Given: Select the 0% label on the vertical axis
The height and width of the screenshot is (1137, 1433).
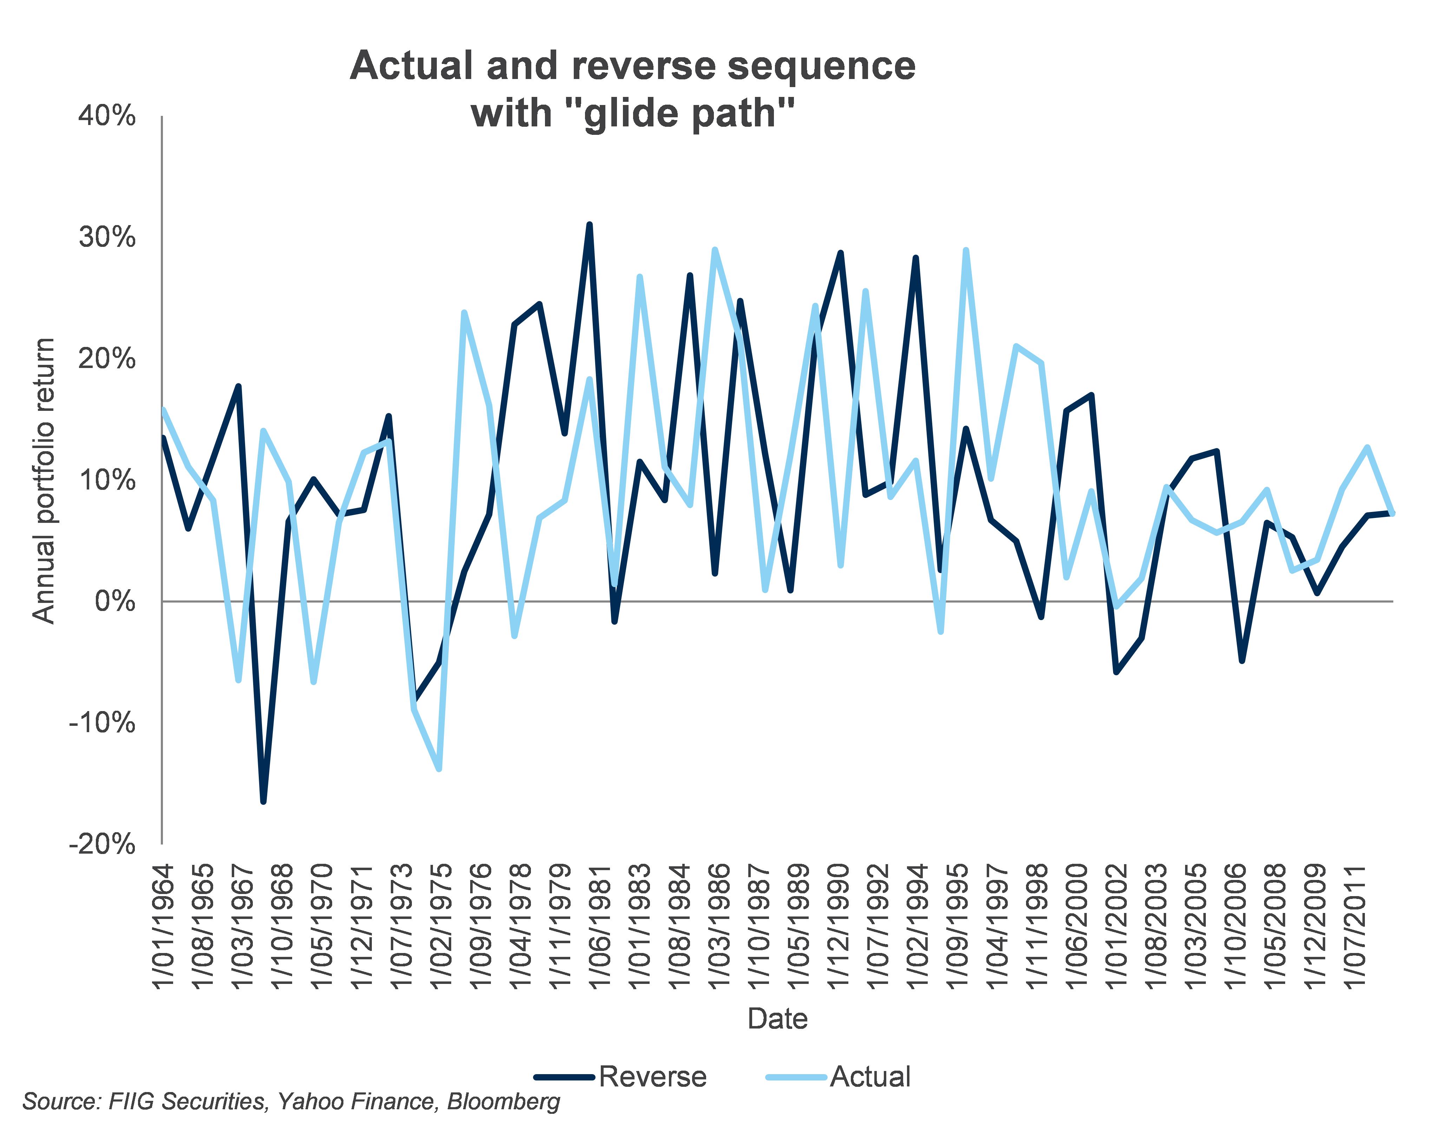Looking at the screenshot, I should (x=114, y=602).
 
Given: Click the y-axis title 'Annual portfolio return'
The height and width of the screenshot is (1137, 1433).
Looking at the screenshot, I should (x=44, y=480).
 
